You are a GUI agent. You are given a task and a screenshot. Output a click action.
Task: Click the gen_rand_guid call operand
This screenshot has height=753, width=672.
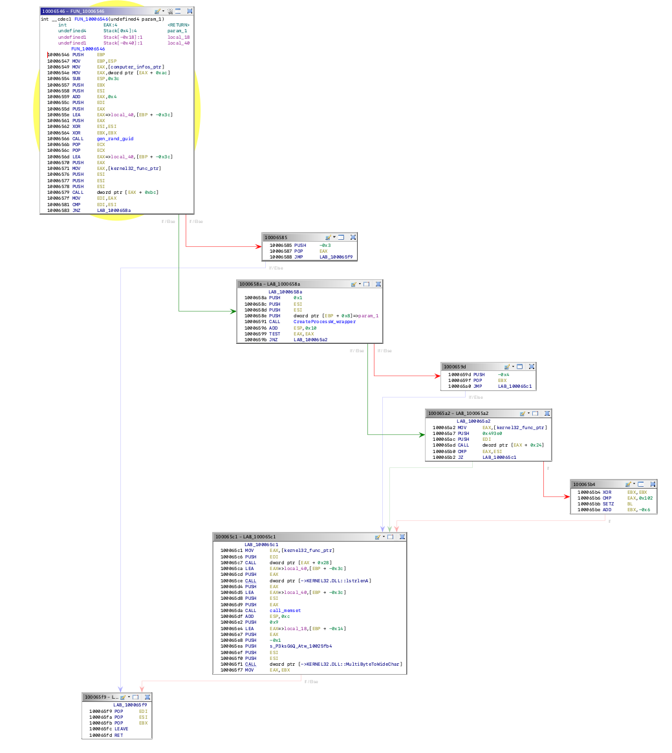point(115,139)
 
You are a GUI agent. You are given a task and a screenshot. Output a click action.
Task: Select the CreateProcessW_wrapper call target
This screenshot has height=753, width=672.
point(324,321)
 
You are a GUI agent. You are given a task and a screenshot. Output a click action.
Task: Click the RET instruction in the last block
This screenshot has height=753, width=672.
point(118,735)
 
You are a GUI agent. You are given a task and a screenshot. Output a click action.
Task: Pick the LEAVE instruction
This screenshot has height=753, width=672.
point(121,729)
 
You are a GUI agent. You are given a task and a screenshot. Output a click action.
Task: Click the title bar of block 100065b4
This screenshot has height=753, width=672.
point(595,483)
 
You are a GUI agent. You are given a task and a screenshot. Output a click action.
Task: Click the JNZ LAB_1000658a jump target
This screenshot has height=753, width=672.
point(114,210)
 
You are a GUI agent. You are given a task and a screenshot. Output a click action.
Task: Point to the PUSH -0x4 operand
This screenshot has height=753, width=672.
point(503,374)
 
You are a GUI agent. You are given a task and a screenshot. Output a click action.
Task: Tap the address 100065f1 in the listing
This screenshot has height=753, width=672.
point(230,664)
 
